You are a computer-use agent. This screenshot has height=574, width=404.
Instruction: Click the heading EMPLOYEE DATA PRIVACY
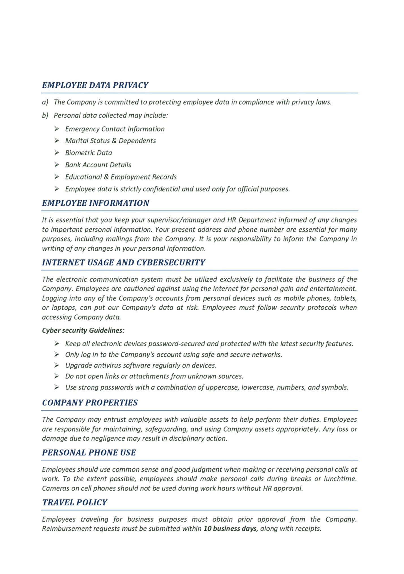[x=95, y=85]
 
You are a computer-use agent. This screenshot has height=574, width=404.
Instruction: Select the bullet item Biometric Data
[x=89, y=153]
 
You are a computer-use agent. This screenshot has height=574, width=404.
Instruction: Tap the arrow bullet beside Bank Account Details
[x=57, y=165]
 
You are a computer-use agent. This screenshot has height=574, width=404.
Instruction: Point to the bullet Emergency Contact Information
[x=115, y=129]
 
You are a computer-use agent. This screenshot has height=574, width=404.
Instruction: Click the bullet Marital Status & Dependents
[x=110, y=141]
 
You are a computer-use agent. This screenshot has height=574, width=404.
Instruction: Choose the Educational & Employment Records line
[x=121, y=177]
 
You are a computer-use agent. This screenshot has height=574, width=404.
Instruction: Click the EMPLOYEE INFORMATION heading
[x=96, y=203]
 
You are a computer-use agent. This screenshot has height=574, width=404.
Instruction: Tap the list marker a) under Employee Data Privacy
[x=45, y=102]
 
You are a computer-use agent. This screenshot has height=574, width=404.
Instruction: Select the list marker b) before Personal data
[x=45, y=115]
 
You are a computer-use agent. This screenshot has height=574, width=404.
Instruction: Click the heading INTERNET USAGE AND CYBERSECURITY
[x=124, y=262]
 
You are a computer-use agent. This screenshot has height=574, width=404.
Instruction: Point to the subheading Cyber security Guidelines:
[x=83, y=330]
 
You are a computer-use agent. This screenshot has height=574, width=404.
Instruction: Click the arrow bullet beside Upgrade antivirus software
[x=57, y=365]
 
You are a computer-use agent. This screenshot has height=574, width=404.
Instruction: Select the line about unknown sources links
[x=154, y=376]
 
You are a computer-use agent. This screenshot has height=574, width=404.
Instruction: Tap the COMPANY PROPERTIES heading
[x=90, y=402]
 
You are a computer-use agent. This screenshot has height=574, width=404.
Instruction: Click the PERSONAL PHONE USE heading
[x=89, y=453]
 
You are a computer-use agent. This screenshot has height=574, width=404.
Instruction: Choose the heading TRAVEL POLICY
[x=75, y=502]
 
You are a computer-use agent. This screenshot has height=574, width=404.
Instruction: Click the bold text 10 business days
[x=230, y=528]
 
